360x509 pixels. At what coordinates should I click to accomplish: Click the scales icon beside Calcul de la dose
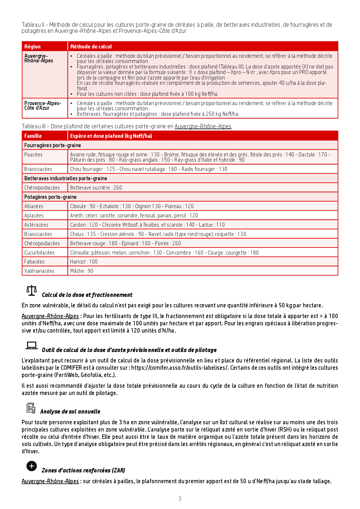(32, 290)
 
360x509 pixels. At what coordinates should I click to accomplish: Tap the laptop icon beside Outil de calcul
(32, 345)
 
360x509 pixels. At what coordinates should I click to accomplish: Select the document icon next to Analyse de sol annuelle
(31, 408)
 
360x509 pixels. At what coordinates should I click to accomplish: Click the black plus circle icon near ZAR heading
(32, 466)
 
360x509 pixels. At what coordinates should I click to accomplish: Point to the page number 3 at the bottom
(180, 499)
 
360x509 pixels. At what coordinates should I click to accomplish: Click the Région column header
(33, 47)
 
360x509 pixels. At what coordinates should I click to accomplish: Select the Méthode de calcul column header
(91, 47)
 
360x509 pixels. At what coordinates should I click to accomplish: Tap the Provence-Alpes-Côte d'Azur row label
(42, 106)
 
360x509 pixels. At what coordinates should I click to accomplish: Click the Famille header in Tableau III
(33, 136)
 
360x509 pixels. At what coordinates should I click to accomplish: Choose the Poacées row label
(33, 155)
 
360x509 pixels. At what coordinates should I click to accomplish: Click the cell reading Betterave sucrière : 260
(96, 188)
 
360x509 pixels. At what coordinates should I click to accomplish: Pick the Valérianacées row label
(39, 271)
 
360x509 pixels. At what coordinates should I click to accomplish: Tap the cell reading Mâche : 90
(82, 271)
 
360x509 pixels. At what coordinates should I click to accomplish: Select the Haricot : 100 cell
(84, 262)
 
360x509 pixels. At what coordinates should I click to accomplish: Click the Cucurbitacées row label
(39, 253)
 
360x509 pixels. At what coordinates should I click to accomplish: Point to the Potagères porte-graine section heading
(51, 197)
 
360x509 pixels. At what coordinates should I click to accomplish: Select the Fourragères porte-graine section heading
(53, 145)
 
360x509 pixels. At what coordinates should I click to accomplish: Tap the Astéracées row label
(36, 225)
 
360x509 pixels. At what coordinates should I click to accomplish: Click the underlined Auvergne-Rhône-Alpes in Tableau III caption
(203, 126)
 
